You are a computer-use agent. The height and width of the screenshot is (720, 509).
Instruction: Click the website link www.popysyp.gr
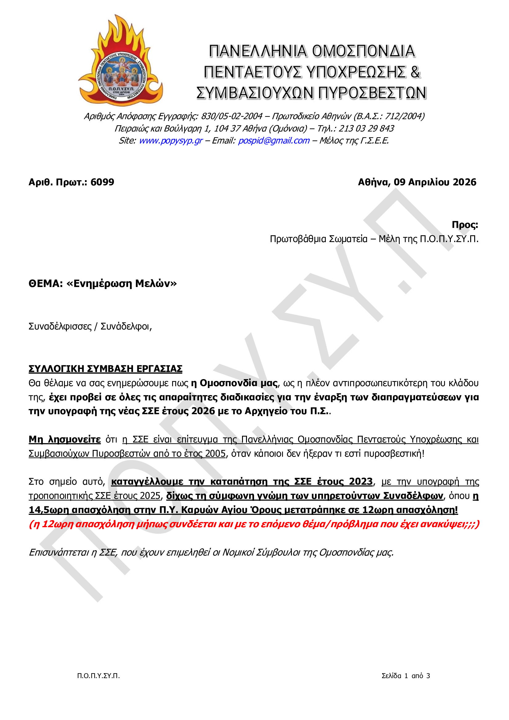click(x=171, y=140)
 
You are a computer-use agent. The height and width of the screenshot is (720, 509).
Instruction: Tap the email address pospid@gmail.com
click(x=274, y=140)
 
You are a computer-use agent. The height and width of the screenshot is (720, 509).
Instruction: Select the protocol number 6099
click(x=102, y=182)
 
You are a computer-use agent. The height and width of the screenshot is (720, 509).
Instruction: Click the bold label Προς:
click(x=465, y=225)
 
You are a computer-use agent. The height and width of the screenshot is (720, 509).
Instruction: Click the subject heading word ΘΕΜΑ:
click(x=46, y=284)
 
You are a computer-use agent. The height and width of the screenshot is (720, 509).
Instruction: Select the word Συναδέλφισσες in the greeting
click(x=60, y=326)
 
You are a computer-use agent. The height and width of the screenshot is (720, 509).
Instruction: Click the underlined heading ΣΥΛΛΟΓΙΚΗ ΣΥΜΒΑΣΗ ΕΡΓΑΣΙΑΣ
click(x=105, y=369)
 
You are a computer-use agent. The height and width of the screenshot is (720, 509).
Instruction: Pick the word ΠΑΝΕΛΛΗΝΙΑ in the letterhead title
click(x=257, y=51)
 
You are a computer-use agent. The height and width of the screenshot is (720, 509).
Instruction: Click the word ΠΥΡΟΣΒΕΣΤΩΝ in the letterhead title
click(x=372, y=93)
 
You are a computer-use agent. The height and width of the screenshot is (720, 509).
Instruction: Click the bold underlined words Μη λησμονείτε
click(x=65, y=440)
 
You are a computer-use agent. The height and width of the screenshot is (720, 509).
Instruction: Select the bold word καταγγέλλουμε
click(x=147, y=482)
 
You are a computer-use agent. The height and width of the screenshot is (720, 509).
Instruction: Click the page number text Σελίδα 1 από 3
click(x=406, y=685)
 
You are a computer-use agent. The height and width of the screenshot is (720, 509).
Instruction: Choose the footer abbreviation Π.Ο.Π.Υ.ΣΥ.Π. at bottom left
click(x=99, y=685)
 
